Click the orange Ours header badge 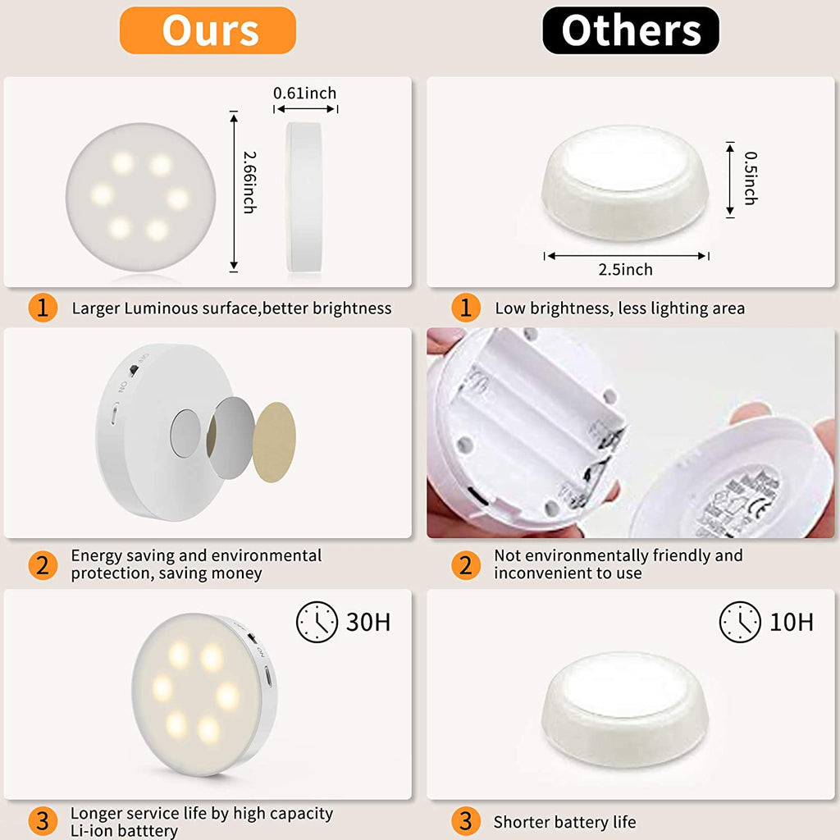tap(208, 30)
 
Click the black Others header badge tap(631, 30)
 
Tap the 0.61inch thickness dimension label tap(305, 94)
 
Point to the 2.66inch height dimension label tap(249, 182)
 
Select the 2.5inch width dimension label tap(625, 269)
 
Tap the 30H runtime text tap(368, 622)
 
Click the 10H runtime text tap(792, 622)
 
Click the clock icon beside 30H tap(317, 622)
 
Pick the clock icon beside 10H tap(740, 622)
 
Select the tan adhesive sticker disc tap(274, 442)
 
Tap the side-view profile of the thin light tap(304, 197)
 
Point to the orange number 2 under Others tap(466, 565)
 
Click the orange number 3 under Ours tap(43, 821)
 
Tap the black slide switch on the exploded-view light tap(134, 370)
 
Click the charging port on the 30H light tap(268, 677)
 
